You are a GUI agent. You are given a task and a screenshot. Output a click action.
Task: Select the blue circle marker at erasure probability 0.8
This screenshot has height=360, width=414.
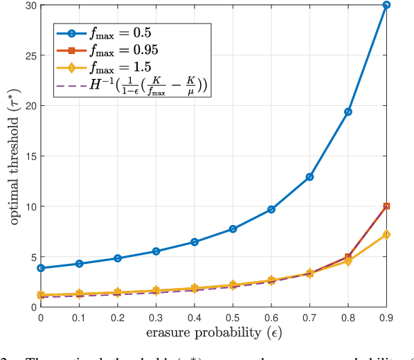pos(348,111)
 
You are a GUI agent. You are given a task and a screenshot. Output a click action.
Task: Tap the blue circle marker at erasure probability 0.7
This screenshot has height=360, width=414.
pos(309,177)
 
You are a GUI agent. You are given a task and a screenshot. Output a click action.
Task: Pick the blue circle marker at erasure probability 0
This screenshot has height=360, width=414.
pos(40,268)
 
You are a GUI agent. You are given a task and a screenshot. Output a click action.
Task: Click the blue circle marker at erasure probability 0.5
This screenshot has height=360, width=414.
pos(233,228)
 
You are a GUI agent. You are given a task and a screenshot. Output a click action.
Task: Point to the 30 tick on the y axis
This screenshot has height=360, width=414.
pos(29,6)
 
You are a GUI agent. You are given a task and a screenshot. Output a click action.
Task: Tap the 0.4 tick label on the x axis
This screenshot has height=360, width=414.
pos(194,317)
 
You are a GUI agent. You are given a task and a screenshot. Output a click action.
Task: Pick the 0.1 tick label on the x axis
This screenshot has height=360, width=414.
pos(79,317)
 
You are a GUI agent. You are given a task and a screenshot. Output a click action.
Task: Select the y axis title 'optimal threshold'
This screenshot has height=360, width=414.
pos(13,156)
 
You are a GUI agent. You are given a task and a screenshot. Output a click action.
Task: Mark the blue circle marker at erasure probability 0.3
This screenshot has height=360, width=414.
pos(156,251)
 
